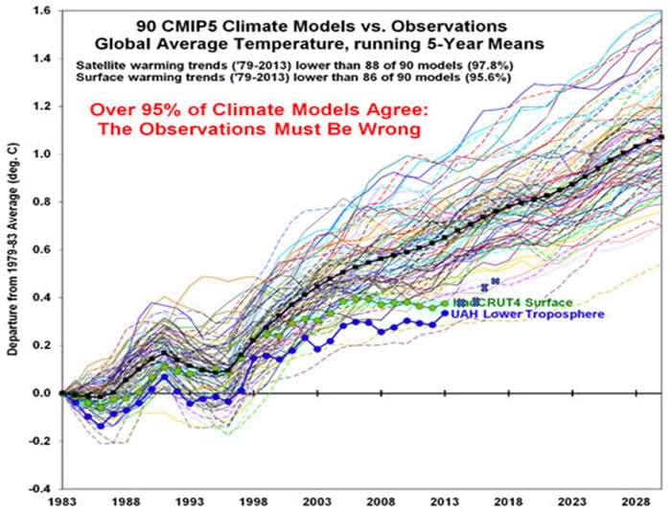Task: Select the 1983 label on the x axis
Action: (x=61, y=502)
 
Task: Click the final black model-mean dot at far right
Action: (x=659, y=138)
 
